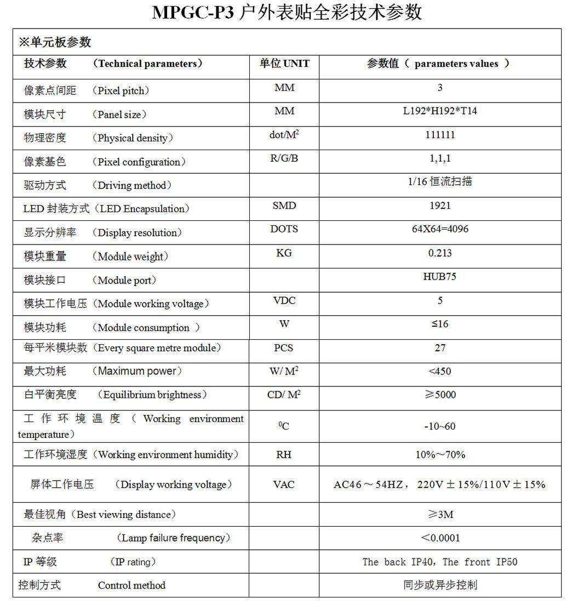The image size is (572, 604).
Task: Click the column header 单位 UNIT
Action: pyautogui.click(x=284, y=64)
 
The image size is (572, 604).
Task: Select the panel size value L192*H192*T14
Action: pyautogui.click(x=440, y=111)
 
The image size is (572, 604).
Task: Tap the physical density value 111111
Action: pyautogui.click(x=440, y=135)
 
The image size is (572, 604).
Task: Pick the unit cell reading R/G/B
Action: pyautogui.click(x=284, y=158)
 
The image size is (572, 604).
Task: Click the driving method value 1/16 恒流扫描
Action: pyautogui.click(x=440, y=181)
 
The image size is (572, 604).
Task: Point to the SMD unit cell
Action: pyautogui.click(x=284, y=206)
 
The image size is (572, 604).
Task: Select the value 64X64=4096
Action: pyautogui.click(x=440, y=229)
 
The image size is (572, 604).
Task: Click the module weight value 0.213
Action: pyautogui.click(x=440, y=253)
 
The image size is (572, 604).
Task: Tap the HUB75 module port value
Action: pyautogui.click(x=440, y=276)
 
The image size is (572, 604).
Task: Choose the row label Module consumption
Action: pyautogui.click(x=144, y=328)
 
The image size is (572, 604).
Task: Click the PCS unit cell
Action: pyautogui.click(x=284, y=347)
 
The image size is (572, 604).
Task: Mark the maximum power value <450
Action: pyautogui.click(x=440, y=371)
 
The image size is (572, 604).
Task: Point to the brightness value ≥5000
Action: pyautogui.click(x=441, y=395)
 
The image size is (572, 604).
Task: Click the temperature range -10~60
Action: pyautogui.click(x=440, y=426)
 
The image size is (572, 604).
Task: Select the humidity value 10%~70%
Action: pyautogui.click(x=440, y=454)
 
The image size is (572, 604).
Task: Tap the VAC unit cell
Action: pyautogui.click(x=284, y=485)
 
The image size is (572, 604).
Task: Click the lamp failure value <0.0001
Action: pyautogui.click(x=441, y=538)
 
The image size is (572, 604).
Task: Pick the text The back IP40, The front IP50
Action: pyautogui.click(x=440, y=562)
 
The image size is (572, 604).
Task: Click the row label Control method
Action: pyautogui.click(x=131, y=585)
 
